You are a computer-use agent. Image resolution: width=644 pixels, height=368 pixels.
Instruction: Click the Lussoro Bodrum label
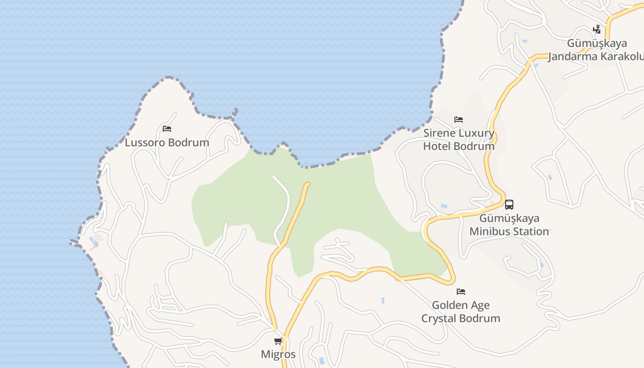tap(167, 143)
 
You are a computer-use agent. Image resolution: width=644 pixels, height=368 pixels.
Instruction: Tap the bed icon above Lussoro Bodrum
tap(167, 129)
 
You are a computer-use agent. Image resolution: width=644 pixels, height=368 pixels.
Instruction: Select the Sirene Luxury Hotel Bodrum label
tap(459, 140)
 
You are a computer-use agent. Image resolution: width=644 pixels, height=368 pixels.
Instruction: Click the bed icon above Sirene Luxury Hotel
tap(459, 120)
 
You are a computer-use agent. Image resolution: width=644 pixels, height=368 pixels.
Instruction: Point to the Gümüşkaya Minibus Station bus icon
tap(509, 205)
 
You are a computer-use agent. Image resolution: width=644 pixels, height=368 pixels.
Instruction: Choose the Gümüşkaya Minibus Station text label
tap(509, 224)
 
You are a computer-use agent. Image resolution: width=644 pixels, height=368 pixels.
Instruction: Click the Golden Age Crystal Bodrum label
tap(460, 311)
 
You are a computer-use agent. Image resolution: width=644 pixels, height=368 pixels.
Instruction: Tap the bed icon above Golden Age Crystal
tap(461, 291)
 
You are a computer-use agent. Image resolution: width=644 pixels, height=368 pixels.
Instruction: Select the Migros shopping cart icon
tap(278, 341)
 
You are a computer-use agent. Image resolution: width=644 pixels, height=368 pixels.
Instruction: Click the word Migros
tap(278, 354)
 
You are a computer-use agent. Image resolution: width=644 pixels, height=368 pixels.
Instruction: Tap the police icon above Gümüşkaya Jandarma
tap(597, 30)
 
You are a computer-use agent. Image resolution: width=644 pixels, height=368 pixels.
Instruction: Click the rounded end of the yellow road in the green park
tap(307, 184)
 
